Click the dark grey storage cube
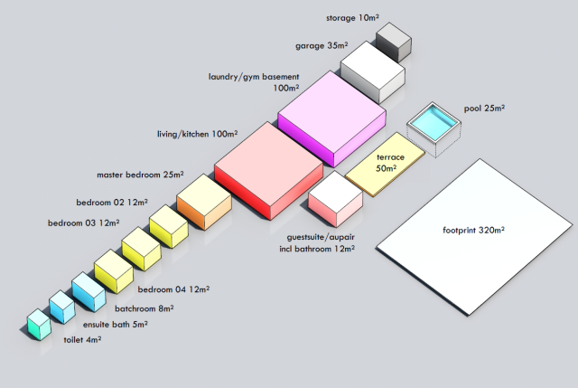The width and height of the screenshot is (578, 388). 394,43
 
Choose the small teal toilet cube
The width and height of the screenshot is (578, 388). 38,324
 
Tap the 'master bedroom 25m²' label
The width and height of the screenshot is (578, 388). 140,174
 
